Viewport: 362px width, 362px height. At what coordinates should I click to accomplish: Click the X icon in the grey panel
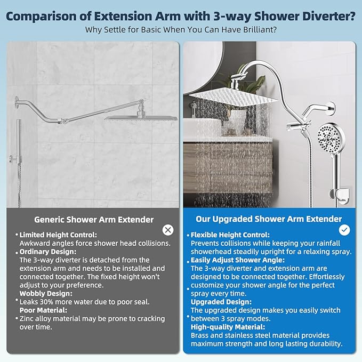click(x=168, y=230)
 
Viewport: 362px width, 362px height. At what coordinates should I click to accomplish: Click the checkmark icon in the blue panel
click(x=345, y=230)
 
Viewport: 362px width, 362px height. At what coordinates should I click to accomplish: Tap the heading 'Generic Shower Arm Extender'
click(x=94, y=219)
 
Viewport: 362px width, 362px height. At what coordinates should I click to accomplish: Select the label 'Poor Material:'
click(x=43, y=310)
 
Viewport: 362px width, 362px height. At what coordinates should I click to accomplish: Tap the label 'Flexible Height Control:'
click(x=230, y=235)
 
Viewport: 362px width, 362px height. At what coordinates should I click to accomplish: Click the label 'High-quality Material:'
click(x=228, y=327)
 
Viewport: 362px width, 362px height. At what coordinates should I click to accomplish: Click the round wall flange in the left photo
click(x=18, y=100)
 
